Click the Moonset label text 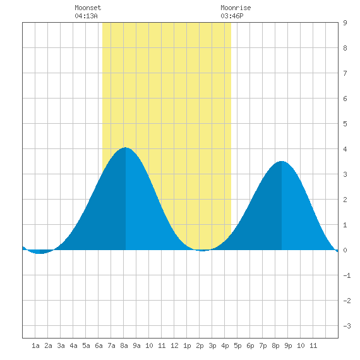88,8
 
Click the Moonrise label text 236,8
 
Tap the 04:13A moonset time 86,16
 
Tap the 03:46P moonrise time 232,16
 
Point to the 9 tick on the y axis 345,23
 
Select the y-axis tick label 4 345,149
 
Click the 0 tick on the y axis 345,250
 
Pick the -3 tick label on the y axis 347,326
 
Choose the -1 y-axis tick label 347,275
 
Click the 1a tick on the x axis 35,345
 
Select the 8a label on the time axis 124,345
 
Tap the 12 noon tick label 174,345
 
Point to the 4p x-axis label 225,345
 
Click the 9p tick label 288,345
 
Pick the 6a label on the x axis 99,345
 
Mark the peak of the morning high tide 126,147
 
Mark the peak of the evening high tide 282,161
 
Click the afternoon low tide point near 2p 202,251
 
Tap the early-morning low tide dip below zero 40,253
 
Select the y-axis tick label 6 345,99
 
